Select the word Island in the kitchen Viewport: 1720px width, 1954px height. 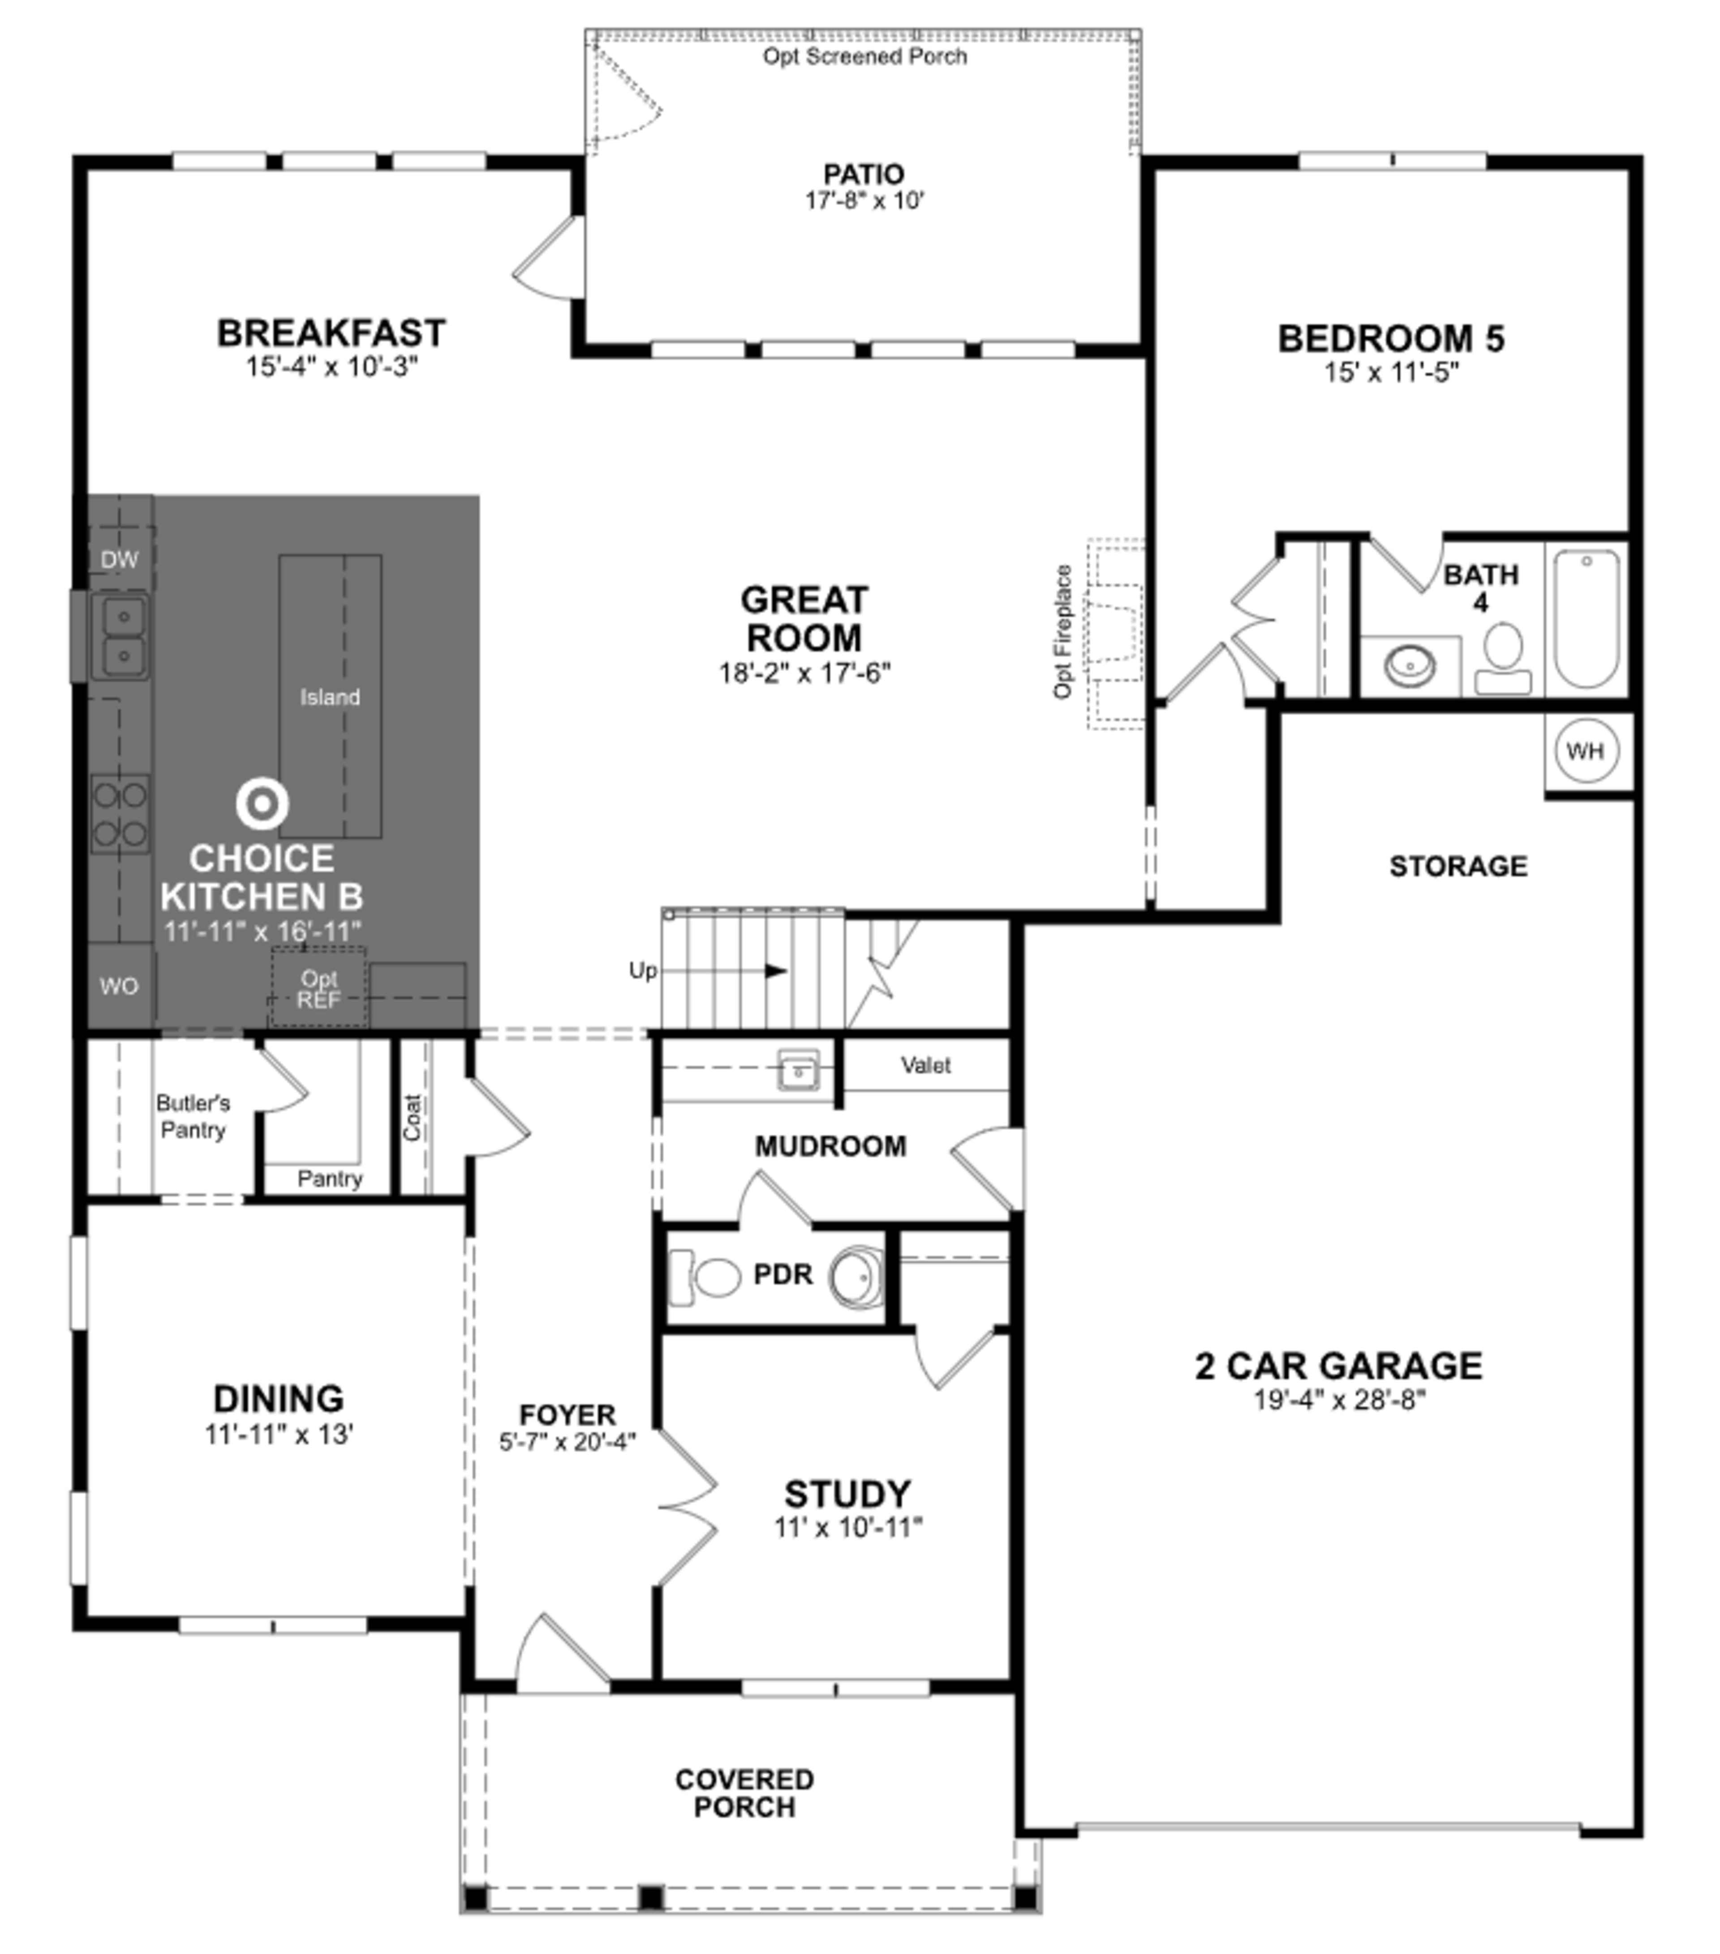pos(330,697)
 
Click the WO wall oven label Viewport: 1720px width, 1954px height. pos(119,986)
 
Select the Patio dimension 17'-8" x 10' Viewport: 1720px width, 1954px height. pos(864,201)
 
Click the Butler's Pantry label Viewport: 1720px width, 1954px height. pos(193,1117)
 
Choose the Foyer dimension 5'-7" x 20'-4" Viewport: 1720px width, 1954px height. pos(567,1442)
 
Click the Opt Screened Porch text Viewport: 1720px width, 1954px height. pos(864,56)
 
